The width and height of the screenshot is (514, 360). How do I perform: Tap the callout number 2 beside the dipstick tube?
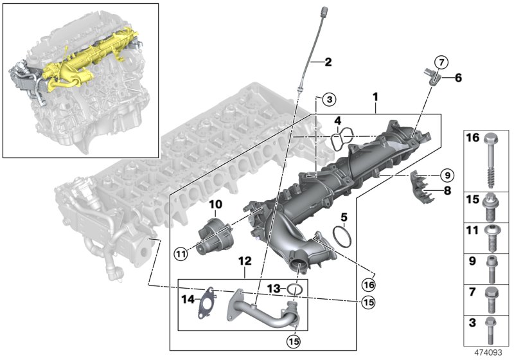[x=328, y=62]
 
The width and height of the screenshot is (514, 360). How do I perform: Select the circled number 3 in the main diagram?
[x=328, y=100]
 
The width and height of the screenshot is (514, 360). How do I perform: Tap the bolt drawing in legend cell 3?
[x=489, y=328]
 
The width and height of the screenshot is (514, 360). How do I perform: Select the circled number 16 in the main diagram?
[x=368, y=283]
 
